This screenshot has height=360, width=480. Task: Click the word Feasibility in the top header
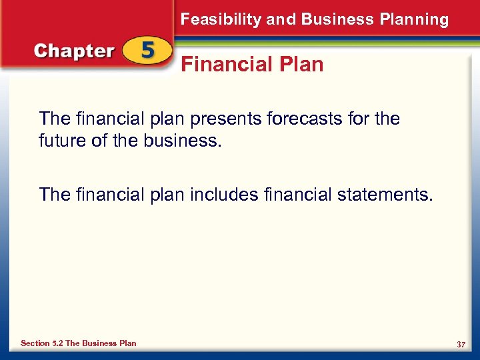[221, 19]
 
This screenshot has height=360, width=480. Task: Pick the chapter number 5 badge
[147, 52]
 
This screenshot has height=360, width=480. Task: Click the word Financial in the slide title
[224, 65]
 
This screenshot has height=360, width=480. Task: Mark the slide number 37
[461, 344]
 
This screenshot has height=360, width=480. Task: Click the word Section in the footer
[35, 343]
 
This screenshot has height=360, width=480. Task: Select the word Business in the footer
[100, 343]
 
